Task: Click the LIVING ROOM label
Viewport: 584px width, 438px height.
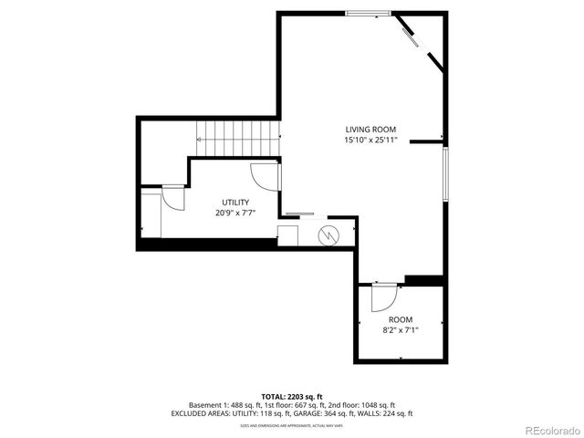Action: pos(370,130)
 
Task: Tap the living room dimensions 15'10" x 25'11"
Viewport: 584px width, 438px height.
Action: pos(370,141)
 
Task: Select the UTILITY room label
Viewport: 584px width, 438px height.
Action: pos(235,202)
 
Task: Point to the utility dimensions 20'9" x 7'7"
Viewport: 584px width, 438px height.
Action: pos(235,213)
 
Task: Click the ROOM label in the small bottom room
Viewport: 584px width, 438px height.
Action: pos(401,319)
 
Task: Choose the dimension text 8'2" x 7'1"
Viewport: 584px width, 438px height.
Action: pos(401,330)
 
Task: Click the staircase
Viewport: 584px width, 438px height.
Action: pos(237,140)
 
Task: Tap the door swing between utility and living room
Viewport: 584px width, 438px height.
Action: pos(264,176)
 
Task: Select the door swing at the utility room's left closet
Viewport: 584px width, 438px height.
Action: pos(172,198)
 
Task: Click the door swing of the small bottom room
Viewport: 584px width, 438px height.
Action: pos(384,297)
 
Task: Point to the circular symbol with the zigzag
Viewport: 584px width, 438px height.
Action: pos(328,235)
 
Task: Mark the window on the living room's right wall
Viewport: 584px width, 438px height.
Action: pos(445,173)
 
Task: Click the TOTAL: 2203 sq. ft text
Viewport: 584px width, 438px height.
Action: pos(291,396)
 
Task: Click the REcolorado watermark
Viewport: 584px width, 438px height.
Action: pos(551,430)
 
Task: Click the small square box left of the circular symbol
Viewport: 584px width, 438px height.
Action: pos(288,236)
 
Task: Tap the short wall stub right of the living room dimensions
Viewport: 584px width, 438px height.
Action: pos(425,141)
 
